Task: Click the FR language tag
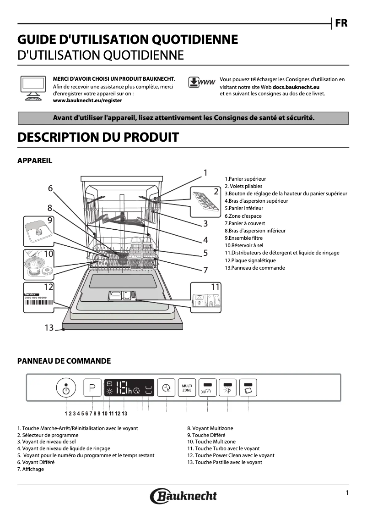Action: (x=341, y=23)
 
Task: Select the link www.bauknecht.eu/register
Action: (x=87, y=100)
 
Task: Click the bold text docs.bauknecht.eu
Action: (x=296, y=86)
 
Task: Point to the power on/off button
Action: (x=66, y=388)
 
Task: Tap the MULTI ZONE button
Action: (x=187, y=387)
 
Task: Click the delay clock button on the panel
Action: (x=166, y=388)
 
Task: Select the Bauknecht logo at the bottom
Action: (x=183, y=496)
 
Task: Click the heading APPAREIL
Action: (x=35, y=160)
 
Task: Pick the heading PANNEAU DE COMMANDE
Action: (x=64, y=361)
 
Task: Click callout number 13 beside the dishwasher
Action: (x=49, y=327)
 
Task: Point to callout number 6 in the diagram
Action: (x=50, y=188)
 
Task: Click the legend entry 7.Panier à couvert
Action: (x=244, y=223)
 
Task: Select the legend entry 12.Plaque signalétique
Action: (x=250, y=260)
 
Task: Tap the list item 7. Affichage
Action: (x=31, y=469)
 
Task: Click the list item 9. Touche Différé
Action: (x=206, y=435)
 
